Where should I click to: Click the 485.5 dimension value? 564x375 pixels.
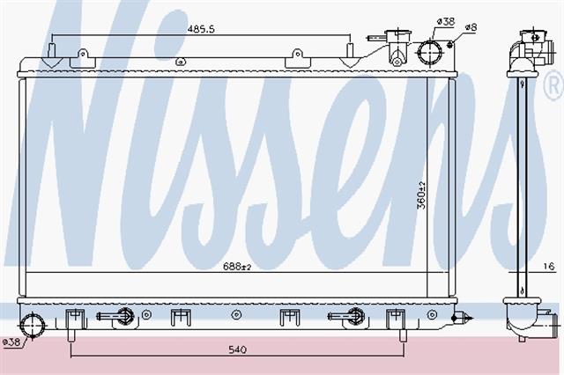pos(201,29)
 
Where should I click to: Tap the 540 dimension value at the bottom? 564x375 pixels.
pos(237,349)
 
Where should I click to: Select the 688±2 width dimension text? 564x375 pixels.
pos(237,267)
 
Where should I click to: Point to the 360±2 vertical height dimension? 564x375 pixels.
pos(421,195)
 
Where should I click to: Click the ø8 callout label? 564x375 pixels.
pos(471,27)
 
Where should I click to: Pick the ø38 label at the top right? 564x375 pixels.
pos(446,21)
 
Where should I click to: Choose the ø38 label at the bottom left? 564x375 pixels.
pos(11,342)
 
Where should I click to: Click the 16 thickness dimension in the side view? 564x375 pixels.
pos(549,266)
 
